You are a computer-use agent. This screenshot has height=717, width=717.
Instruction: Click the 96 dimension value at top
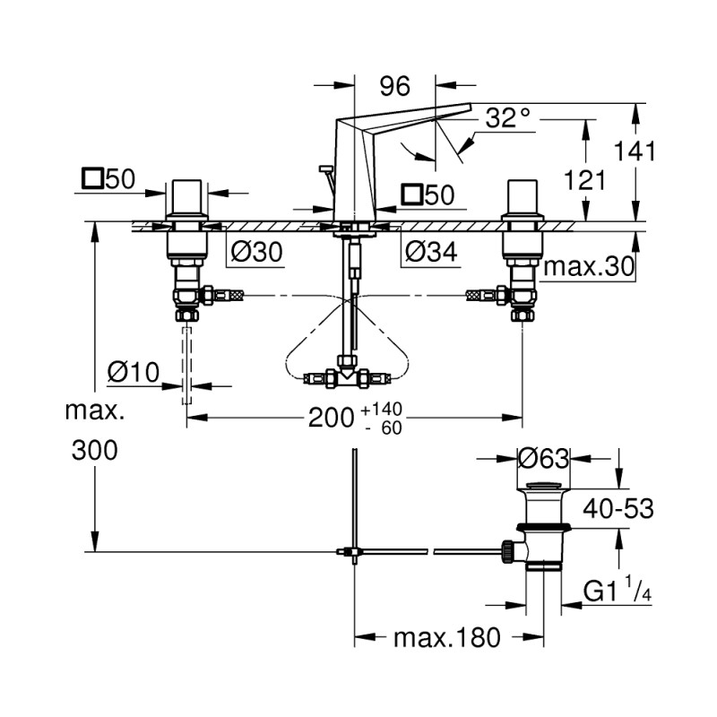point(393,86)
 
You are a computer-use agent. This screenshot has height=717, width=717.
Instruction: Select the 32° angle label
point(509,117)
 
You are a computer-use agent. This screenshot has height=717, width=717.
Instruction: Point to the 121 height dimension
point(588,180)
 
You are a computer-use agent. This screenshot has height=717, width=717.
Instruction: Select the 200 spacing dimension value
point(333,418)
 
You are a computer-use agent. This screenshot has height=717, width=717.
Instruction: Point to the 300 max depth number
point(94,450)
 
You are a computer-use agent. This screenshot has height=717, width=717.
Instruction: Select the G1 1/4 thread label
point(618,592)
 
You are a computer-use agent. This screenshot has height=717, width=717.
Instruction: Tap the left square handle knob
point(188,194)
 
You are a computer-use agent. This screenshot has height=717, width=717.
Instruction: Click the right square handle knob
point(523,194)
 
